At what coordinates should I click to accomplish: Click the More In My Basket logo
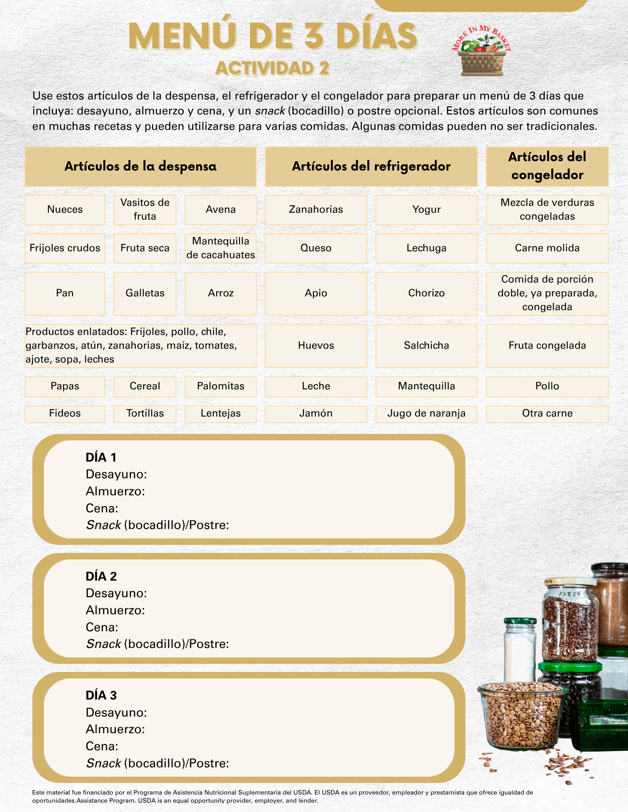pos(482,52)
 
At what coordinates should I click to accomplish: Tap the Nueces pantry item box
pos(65,209)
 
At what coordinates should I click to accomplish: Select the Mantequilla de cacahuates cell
pos(221,248)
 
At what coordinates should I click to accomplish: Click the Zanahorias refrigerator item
pos(316,209)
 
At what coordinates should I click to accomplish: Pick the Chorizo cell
pos(426,293)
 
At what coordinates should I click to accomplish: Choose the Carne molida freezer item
pos(547,248)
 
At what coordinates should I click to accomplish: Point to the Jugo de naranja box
pos(426,414)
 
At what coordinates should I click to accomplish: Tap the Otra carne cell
pos(547,414)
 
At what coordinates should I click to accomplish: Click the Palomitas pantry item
pos(221,386)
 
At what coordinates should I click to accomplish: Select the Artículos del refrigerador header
pos(371,166)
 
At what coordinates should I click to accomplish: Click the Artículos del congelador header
pos(547,166)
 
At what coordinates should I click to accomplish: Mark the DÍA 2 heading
pos(101,577)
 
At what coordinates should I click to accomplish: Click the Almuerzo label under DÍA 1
pos(115,492)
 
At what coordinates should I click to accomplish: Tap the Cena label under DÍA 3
pos(102,746)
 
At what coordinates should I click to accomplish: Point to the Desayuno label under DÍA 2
pos(116,594)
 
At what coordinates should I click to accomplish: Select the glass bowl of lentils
pos(522,715)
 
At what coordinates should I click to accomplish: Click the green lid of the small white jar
pos(520,621)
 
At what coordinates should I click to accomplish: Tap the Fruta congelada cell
pos(547,346)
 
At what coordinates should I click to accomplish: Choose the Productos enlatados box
pos(140,346)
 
